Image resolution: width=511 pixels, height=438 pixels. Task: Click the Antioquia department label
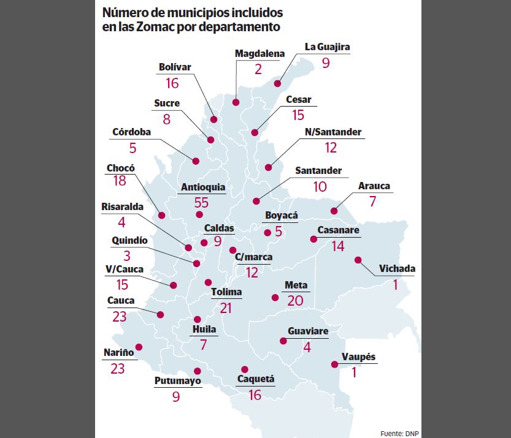pyautogui.click(x=203, y=187)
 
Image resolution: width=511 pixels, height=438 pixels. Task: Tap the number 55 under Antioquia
pyautogui.click(x=201, y=202)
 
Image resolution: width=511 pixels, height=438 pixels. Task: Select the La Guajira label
pyautogui.click(x=328, y=47)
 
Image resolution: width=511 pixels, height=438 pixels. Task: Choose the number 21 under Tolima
pyautogui.click(x=226, y=308)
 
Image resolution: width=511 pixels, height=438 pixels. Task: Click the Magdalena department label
pyautogui.click(x=260, y=53)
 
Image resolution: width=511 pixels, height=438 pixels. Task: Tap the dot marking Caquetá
pyautogui.click(x=245, y=369)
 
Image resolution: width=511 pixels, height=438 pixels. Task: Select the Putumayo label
pyautogui.click(x=177, y=381)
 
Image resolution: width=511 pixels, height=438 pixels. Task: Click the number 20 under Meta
pyautogui.click(x=296, y=300)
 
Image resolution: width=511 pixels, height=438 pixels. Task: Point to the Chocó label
pyautogui.click(x=120, y=168)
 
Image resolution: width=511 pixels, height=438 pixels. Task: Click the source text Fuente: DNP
pyautogui.click(x=399, y=432)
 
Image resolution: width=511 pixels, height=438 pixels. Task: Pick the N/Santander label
pyautogui.click(x=333, y=132)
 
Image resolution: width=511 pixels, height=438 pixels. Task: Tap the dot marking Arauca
pyautogui.click(x=334, y=211)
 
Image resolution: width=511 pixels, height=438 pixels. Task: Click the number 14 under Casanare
pyautogui.click(x=338, y=246)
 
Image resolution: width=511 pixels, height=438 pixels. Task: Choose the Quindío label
pyautogui.click(x=129, y=241)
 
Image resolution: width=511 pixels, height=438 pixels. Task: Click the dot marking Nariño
pyautogui.click(x=139, y=347)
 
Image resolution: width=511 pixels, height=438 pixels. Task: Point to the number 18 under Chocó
pyautogui.click(x=120, y=181)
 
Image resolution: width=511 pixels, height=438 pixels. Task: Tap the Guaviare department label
pyautogui.click(x=308, y=331)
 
